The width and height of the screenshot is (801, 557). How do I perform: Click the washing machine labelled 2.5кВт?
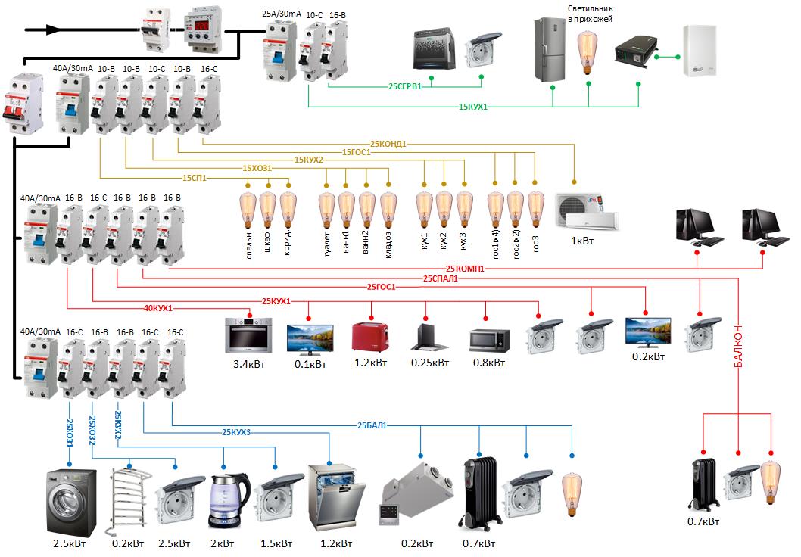[x=71, y=503]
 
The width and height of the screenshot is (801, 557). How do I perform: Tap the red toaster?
[x=370, y=338]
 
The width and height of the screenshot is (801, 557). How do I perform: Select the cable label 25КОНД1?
[x=388, y=144]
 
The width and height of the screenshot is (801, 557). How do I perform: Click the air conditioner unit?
[x=587, y=211]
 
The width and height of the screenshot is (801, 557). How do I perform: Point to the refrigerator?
[x=550, y=49]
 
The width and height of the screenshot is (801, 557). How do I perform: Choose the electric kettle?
[x=229, y=501]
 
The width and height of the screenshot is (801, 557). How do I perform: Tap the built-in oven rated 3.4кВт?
[x=249, y=335]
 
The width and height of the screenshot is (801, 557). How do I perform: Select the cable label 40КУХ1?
[x=158, y=308]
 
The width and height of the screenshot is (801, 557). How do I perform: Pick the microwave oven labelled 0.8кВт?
[x=489, y=341]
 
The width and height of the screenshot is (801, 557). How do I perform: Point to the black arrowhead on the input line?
[x=52, y=30]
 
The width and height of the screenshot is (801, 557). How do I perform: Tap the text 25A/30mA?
[x=282, y=14]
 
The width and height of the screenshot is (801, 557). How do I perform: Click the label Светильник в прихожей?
[x=590, y=14]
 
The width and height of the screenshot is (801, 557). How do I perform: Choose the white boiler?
[x=700, y=51]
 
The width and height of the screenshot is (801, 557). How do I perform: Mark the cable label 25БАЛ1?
[x=372, y=425]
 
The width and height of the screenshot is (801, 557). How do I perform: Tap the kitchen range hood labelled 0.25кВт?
[x=429, y=337]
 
